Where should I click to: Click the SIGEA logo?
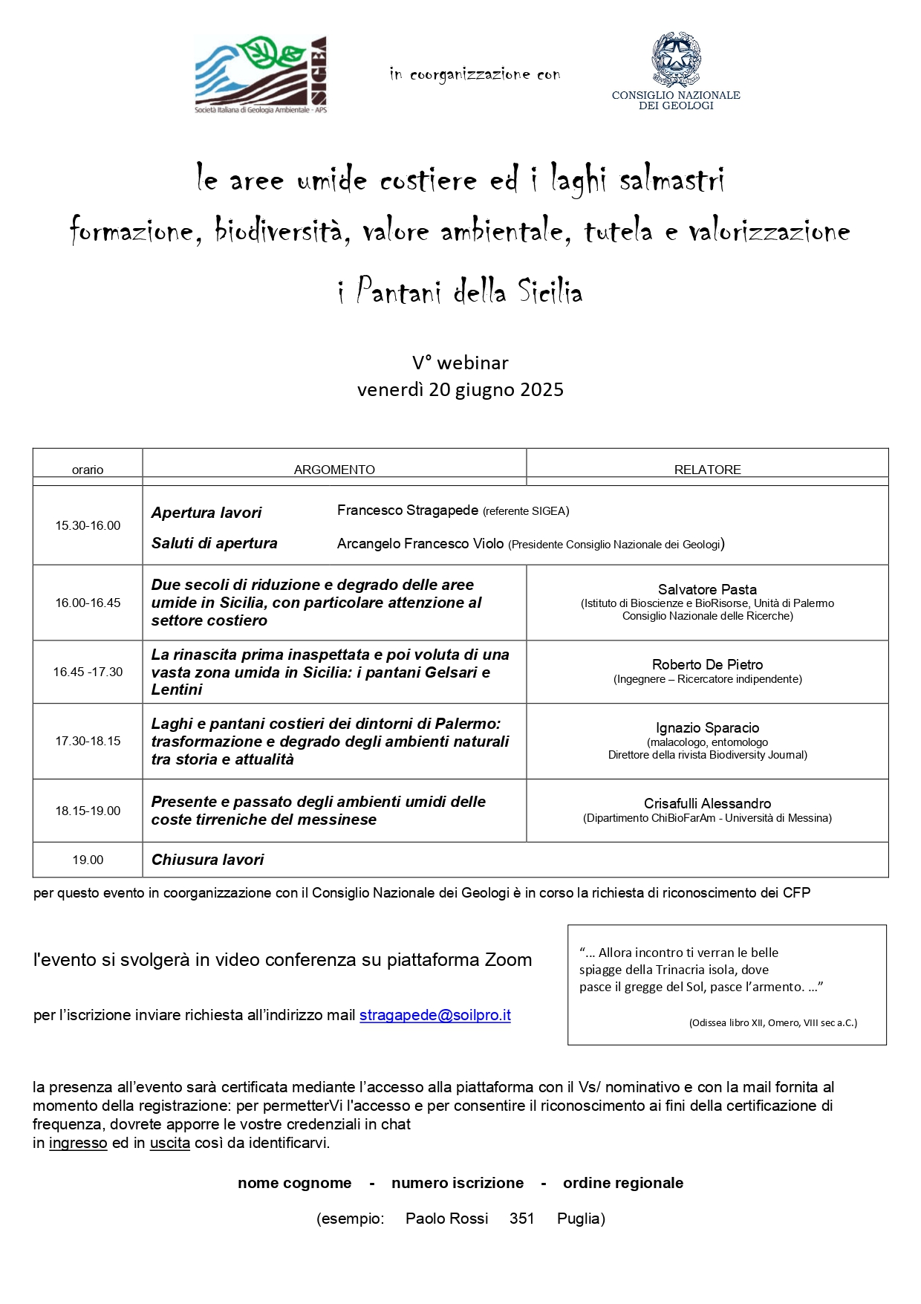[x=260, y=75]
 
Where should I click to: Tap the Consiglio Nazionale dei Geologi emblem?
[x=676, y=59]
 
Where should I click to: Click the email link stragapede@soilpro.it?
[x=435, y=1015]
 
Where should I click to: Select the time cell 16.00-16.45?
[x=88, y=603]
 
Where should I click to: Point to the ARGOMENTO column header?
[x=334, y=470]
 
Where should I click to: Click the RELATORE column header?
[x=707, y=470]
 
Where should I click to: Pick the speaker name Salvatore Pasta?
[x=707, y=589]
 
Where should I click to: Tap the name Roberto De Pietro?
[x=707, y=664]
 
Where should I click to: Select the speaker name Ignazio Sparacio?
[x=707, y=727]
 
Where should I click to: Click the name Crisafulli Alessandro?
[x=707, y=803]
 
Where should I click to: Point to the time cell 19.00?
[x=88, y=860]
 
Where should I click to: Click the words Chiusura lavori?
[x=208, y=860]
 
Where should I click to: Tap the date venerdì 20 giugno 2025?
[x=461, y=390]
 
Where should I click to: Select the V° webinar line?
[x=461, y=363]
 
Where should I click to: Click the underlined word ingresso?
[x=78, y=1143]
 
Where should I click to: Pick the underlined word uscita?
[x=169, y=1143]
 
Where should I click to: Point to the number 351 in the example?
[x=521, y=1219]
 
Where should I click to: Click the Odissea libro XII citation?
[x=772, y=1022]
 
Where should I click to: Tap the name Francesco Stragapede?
[x=407, y=510]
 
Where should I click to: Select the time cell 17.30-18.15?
[x=88, y=741]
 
